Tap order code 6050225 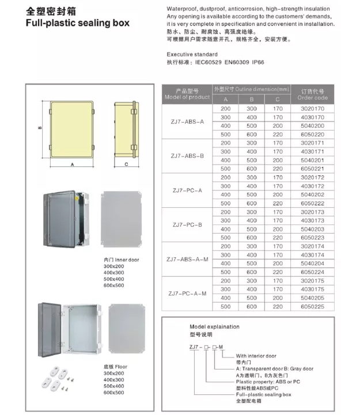(x=313, y=307)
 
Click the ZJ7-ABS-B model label (x=187, y=155)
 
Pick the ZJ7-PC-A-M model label (x=187, y=294)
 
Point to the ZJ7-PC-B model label (x=187, y=224)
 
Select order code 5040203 (x=313, y=229)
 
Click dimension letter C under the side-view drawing (x=125, y=164)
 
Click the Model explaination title (x=214, y=326)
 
